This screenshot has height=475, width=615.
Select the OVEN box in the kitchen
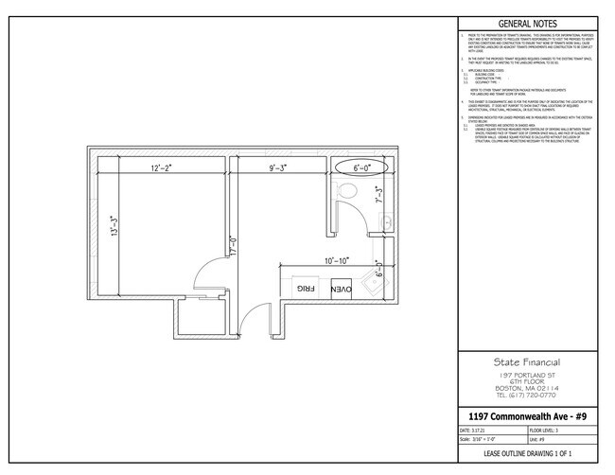pos(342,288)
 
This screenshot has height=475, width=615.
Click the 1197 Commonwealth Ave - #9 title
pos(527,416)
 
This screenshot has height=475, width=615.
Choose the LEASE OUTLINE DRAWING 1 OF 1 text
pos(527,455)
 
